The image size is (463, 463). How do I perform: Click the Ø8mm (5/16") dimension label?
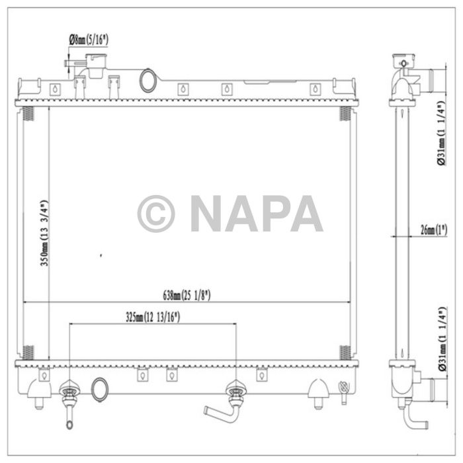click(89, 40)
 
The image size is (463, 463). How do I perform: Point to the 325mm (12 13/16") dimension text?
click(153, 317)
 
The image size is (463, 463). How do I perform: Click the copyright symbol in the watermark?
click(156, 214)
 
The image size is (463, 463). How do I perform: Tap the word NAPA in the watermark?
click(256, 214)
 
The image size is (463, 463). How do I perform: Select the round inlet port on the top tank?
click(148, 81)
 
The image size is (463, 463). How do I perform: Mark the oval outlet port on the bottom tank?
click(99, 389)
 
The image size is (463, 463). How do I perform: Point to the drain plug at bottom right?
click(343, 391)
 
